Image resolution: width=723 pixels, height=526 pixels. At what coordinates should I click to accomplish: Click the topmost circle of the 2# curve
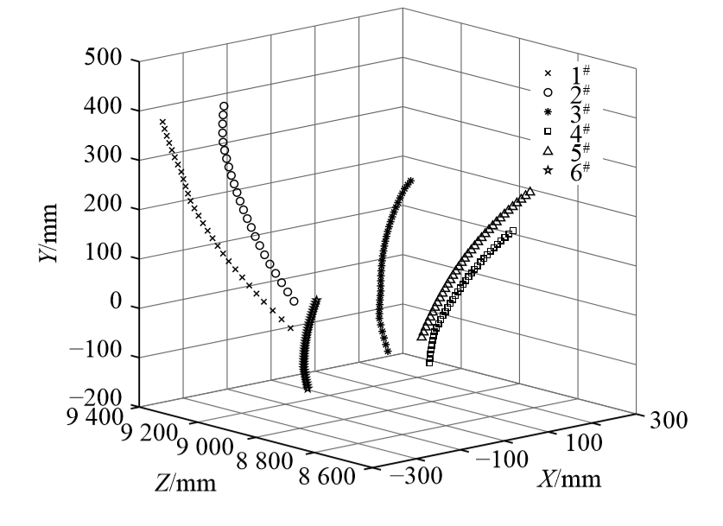(223, 106)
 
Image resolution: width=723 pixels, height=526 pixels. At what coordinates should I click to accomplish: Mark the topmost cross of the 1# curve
(162, 123)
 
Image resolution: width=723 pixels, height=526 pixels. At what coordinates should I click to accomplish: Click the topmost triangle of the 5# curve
(530, 191)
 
